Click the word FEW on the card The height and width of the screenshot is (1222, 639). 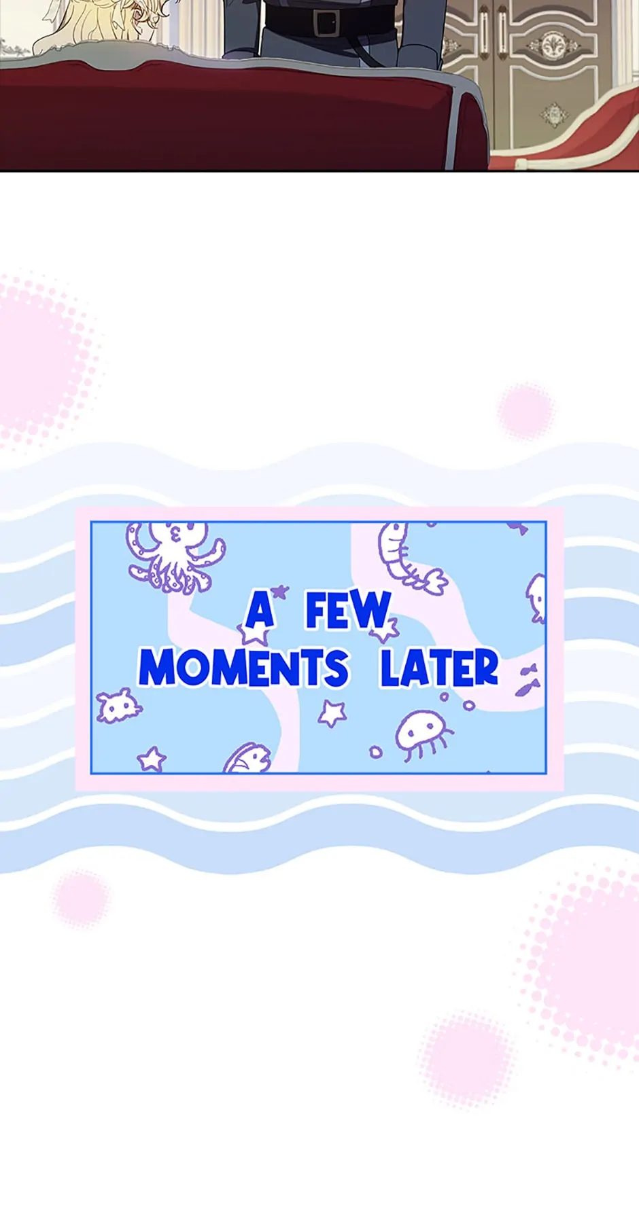(x=349, y=610)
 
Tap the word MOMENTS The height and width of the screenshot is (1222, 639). (x=244, y=667)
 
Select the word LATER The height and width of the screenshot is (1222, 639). (x=440, y=668)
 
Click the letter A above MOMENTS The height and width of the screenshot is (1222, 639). (x=260, y=610)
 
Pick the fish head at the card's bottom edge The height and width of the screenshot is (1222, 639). (x=247, y=758)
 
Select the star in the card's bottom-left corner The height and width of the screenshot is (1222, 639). (x=151, y=759)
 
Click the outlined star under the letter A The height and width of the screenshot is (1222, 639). (x=254, y=633)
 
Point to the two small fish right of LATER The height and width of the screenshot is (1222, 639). (x=528, y=680)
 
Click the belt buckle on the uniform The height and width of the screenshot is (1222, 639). (x=326, y=22)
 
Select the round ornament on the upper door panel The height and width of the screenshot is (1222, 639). (x=551, y=46)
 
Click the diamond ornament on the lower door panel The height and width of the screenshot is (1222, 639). (x=555, y=115)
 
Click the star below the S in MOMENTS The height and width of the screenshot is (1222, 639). (x=332, y=713)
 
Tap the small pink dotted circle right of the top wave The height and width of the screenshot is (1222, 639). (x=525, y=411)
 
